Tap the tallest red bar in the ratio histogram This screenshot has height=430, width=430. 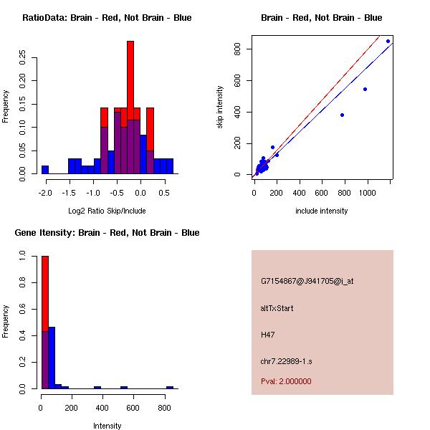click(130, 72)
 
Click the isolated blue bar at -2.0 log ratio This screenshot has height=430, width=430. click(45, 170)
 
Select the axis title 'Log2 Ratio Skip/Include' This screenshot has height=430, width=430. click(107, 211)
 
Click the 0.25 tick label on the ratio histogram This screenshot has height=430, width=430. click(22, 57)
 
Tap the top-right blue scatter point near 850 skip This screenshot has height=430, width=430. click(388, 41)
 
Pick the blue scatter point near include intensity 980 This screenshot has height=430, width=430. click(365, 89)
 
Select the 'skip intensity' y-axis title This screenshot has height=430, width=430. click(220, 107)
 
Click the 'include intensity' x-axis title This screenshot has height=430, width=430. click(321, 211)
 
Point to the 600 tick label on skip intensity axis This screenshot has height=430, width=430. click(236, 80)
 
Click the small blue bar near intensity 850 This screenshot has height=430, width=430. click(170, 387)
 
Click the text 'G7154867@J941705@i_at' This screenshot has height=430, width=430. click(307, 281)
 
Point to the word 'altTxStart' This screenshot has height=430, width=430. click(277, 308)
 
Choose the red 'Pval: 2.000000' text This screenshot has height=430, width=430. click(286, 381)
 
